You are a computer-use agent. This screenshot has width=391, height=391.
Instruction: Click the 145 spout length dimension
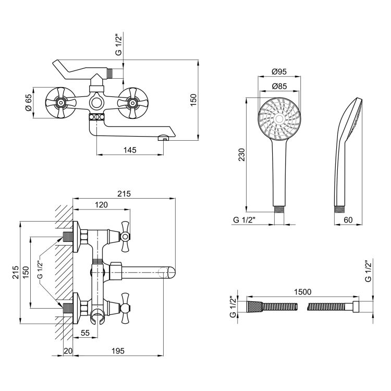click(130, 150)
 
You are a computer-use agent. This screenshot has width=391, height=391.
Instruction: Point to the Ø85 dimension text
click(280, 86)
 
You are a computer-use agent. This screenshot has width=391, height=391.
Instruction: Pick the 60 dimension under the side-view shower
click(348, 220)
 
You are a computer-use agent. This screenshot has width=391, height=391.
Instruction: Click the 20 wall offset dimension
click(66, 352)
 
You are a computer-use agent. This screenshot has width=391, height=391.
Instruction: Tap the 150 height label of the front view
click(193, 100)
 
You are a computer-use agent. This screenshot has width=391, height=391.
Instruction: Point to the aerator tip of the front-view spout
click(163, 138)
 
